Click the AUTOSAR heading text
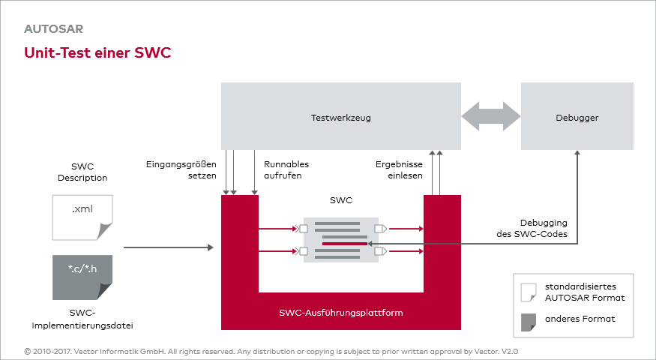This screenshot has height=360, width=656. pyautogui.click(x=53, y=30)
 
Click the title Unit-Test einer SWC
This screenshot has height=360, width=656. pyautogui.click(x=97, y=53)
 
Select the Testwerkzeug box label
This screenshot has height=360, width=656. pyautogui.click(x=340, y=118)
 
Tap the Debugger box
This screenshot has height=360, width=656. pyautogui.click(x=577, y=118)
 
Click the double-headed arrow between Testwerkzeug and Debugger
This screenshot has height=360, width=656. pyautogui.click(x=491, y=116)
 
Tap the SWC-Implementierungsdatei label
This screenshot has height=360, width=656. pyautogui.click(x=84, y=318)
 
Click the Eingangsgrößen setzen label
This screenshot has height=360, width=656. pyautogui.click(x=181, y=169)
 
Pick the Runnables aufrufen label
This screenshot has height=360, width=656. pyautogui.click(x=286, y=169)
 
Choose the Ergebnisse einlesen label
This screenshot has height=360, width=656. pyautogui.click(x=399, y=169)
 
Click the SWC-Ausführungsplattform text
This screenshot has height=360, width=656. pyautogui.click(x=341, y=313)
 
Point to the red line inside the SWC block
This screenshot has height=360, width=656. pyautogui.click(x=344, y=244)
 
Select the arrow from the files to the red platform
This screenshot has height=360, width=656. pyautogui.click(x=169, y=246)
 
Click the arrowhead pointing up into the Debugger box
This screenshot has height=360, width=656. pyautogui.click(x=577, y=154)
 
